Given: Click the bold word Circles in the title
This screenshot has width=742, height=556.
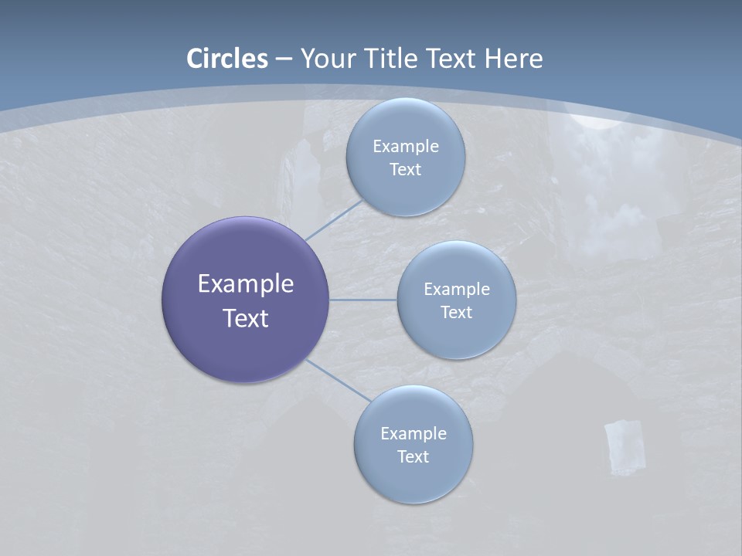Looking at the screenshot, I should [226, 59].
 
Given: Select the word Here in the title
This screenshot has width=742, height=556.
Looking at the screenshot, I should [513, 59].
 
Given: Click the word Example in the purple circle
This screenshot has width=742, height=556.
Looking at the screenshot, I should [245, 283].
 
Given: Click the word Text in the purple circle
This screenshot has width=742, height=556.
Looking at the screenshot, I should [245, 318].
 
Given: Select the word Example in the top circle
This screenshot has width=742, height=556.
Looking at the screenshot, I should [405, 146].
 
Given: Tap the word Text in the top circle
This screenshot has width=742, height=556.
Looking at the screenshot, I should [405, 169].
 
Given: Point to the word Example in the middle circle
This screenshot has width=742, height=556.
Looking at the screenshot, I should [456, 289].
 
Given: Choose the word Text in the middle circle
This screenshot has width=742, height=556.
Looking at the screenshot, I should [456, 312].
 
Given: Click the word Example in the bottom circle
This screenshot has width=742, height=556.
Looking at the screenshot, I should [413, 433].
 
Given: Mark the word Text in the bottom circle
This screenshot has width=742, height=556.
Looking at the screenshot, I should [413, 456].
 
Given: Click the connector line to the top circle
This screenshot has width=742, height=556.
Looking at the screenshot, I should [332, 220].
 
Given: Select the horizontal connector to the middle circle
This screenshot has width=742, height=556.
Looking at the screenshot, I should [363, 300].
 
